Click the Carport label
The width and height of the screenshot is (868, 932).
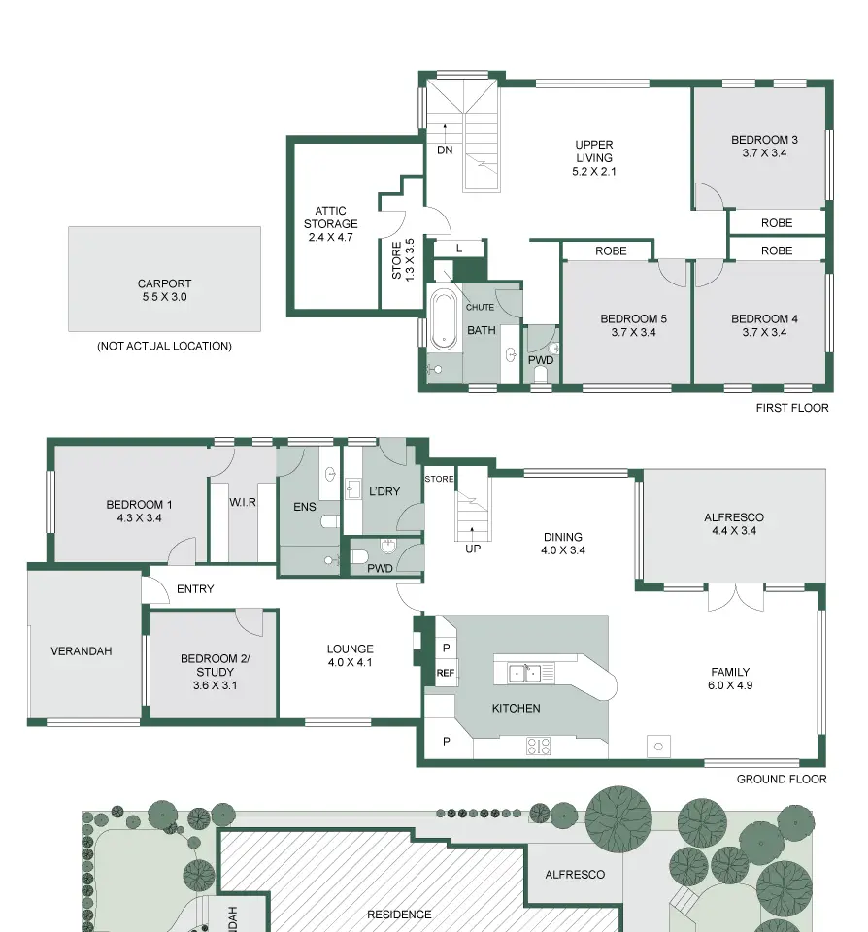[x=164, y=283]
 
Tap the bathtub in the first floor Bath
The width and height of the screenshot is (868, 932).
[x=443, y=319]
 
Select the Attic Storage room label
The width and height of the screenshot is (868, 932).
[x=330, y=216]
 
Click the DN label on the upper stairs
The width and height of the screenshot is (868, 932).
[x=445, y=150]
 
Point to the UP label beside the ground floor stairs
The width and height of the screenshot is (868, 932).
[x=473, y=549]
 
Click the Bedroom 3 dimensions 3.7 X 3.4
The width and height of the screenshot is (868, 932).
[x=764, y=152]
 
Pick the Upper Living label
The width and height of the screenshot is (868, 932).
[x=594, y=151]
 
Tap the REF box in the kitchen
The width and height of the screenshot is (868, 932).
[x=446, y=673]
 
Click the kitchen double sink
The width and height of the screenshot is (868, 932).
[x=524, y=674]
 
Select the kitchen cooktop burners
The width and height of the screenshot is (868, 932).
[x=538, y=746]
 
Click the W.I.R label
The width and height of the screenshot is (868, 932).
[x=243, y=502]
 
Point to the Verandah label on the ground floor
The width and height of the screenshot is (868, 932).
[x=82, y=650]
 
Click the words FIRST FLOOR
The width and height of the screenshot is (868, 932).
[x=792, y=407]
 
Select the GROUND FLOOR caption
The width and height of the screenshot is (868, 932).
[x=782, y=779]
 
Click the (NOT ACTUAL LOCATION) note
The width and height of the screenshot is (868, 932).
[x=164, y=346]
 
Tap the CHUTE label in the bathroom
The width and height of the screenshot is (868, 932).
[x=480, y=307]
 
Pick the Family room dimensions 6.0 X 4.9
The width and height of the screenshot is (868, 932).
[x=730, y=685]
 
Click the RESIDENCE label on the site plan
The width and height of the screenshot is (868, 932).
[x=399, y=915]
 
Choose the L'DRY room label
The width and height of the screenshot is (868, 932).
[x=384, y=491]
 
